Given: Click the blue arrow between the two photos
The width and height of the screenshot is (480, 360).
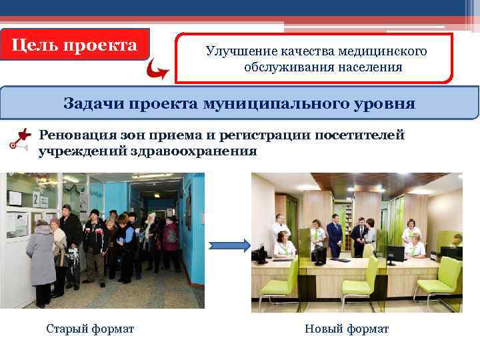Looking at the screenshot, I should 229,245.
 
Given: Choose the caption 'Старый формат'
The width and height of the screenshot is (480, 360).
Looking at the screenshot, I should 90,329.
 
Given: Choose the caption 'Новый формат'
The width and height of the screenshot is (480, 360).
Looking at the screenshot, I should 346,329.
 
